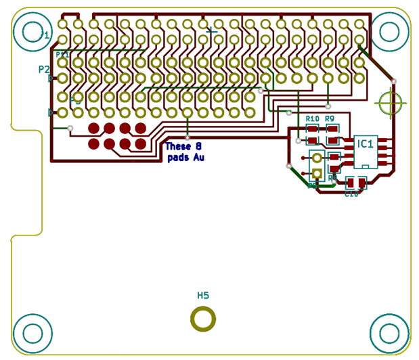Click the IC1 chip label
366,143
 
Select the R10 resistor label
312,119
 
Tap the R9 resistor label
330,119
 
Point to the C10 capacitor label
351,194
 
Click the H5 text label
203,295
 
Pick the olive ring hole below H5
203,319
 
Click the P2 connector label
44,69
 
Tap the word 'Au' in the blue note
198,158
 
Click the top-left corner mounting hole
32,31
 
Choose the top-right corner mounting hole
389,31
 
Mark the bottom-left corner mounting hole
32,333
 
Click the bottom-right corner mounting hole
389,333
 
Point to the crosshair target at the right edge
391,104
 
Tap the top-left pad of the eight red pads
94,128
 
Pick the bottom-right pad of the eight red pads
141,143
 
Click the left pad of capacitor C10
351,182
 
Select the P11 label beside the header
62,54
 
